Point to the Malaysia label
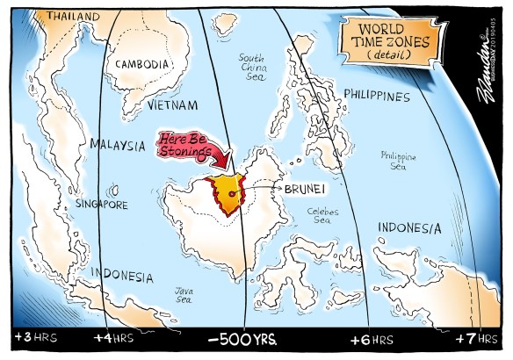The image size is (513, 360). point(120,142)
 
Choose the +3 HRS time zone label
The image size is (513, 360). point(33,337)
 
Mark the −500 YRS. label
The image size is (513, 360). point(243,338)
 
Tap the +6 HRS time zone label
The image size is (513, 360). point(371,337)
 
